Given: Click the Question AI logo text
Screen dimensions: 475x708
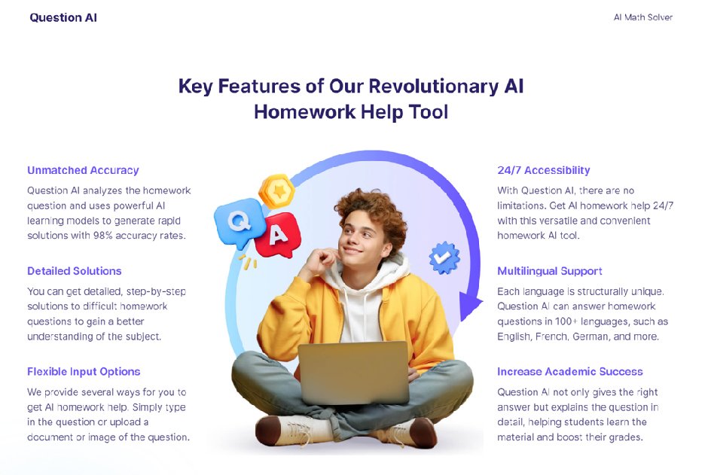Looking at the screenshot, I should click(x=63, y=17).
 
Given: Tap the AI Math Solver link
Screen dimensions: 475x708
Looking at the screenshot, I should click(x=642, y=17).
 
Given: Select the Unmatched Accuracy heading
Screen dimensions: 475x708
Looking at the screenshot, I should click(x=83, y=170).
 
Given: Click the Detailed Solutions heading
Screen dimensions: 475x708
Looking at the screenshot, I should click(x=74, y=271).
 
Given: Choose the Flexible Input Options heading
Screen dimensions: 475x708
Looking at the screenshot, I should click(x=84, y=372).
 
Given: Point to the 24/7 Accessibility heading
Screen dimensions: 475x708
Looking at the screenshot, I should click(x=543, y=170).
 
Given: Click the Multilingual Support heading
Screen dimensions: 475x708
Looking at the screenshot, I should click(x=549, y=271).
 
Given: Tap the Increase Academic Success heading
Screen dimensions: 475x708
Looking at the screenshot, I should click(x=569, y=372).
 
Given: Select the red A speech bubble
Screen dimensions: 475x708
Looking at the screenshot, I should click(x=278, y=235).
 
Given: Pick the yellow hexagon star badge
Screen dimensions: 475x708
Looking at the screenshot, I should click(x=276, y=191).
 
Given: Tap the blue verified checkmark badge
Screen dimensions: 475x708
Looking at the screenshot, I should click(x=444, y=257).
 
